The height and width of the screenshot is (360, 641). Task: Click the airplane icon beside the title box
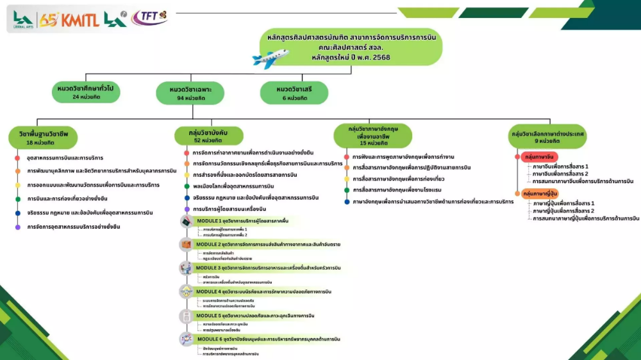coord(270,58)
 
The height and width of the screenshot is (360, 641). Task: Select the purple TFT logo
coord(149,17)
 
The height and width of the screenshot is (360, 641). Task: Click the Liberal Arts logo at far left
coord(24,20)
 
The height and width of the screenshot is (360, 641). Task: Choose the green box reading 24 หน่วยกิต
coord(87,92)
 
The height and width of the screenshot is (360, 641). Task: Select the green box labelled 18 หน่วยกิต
coord(43,138)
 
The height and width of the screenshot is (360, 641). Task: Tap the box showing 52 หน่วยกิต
coord(208,136)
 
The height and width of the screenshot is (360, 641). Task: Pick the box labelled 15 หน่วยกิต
coord(373,136)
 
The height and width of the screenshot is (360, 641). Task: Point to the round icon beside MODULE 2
coord(186,245)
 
